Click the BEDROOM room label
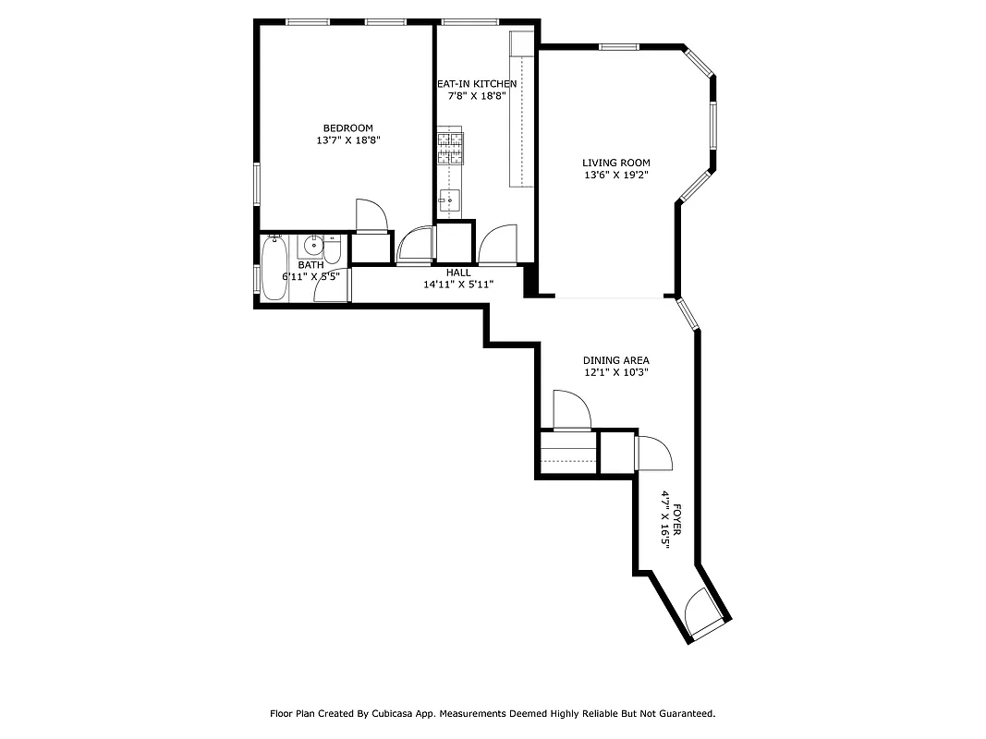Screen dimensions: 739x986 [347, 127]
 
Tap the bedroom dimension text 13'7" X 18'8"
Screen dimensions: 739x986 [347, 140]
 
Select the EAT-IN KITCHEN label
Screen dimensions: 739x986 [477, 83]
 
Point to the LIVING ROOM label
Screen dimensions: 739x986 [615, 163]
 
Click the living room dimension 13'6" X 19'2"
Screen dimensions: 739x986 [615, 176]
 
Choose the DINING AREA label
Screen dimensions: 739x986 [615, 360]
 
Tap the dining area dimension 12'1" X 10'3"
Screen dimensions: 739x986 [615, 373]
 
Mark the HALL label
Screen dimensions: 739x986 [458, 273]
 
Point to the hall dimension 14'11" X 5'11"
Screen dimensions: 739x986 [458, 285]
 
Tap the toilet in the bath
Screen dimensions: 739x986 [334, 250]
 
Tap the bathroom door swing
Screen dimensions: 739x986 [330, 287]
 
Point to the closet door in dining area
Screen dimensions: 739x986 [569, 410]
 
